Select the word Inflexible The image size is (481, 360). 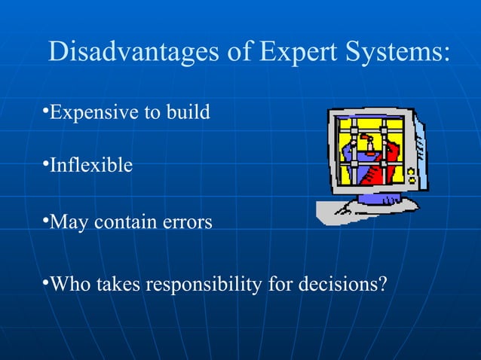tap(90, 165)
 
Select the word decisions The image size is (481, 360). tap(337, 285)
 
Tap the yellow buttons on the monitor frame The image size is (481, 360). tap(411, 175)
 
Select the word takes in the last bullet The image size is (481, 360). tap(117, 285)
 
